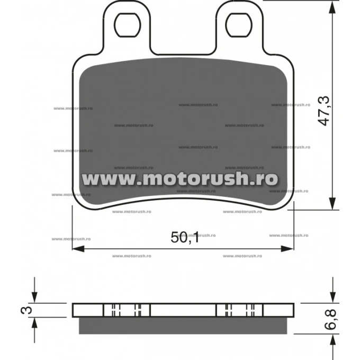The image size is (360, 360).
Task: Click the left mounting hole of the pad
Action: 128,25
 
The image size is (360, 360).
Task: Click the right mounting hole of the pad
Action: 239,25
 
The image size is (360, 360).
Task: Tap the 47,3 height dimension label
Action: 324,111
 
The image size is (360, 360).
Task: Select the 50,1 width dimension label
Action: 185,237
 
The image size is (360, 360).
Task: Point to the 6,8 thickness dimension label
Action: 331,319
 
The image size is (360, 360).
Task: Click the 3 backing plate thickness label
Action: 26,310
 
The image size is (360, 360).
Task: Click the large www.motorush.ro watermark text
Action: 180,178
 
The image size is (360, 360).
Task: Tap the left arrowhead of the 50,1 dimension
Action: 78,248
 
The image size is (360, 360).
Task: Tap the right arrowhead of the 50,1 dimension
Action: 287,248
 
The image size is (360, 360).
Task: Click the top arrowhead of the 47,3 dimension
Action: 332,7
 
